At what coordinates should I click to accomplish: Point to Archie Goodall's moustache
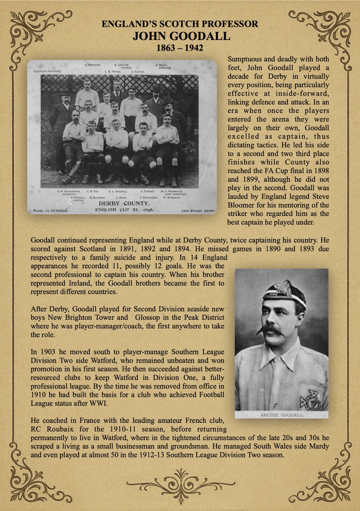click(x=271, y=330)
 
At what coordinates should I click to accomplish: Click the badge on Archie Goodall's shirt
click(x=311, y=399)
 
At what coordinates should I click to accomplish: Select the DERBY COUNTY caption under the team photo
click(x=121, y=204)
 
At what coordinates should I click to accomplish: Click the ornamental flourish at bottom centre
click(x=180, y=484)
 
